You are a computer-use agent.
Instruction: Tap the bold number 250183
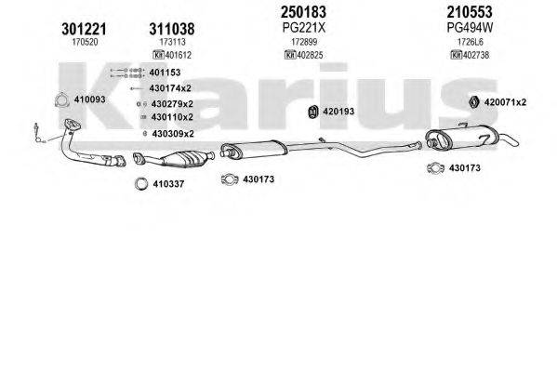304,13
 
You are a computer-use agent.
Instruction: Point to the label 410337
167,183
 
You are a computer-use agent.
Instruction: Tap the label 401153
166,72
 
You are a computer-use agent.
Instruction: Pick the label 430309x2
172,133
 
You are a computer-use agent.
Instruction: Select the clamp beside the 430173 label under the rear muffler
434,168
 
